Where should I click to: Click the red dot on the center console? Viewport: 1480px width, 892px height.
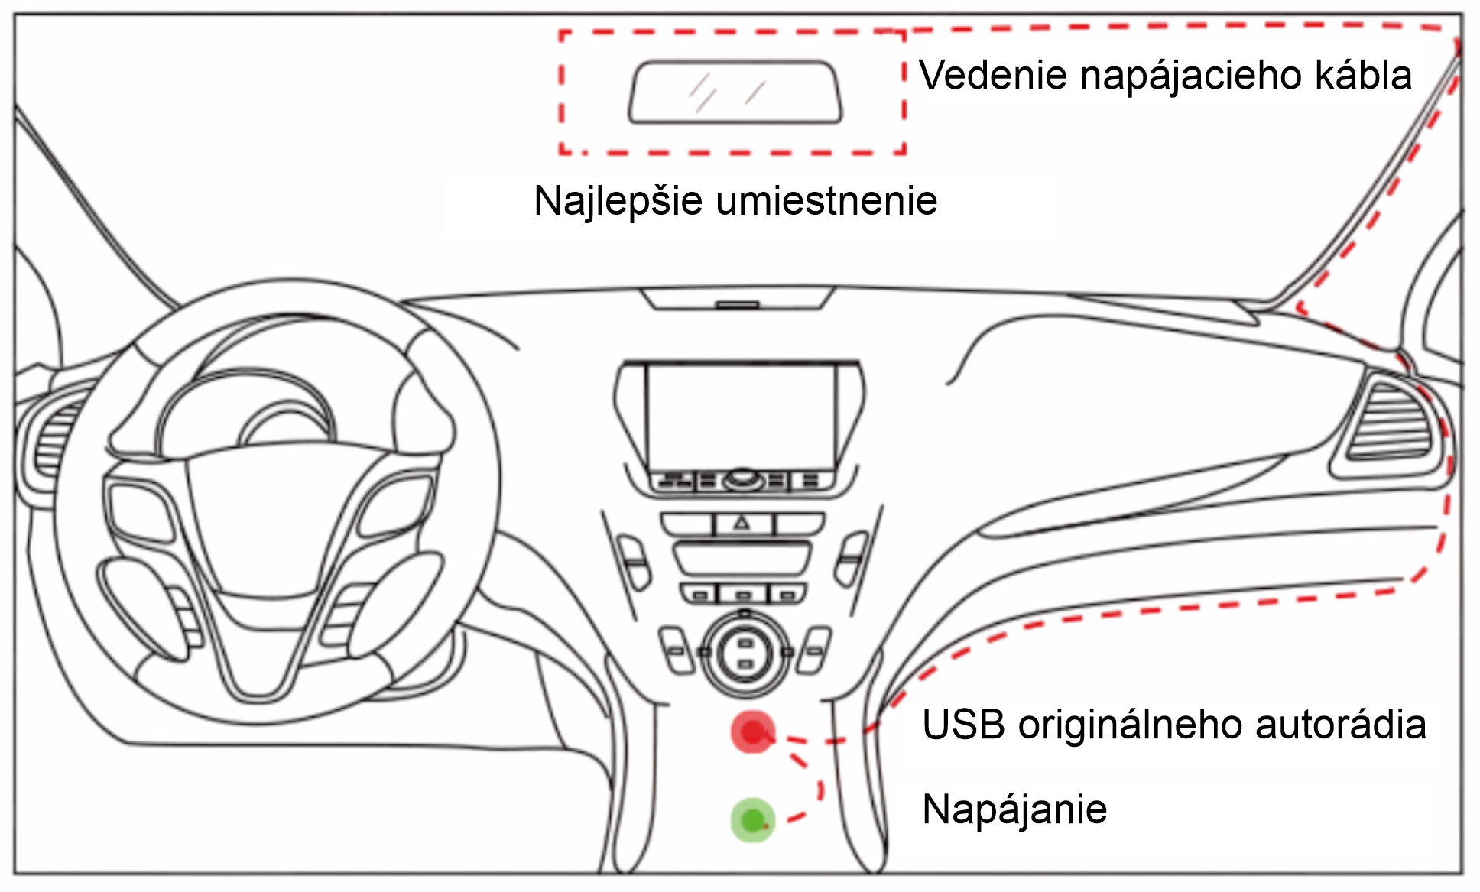coord(753,732)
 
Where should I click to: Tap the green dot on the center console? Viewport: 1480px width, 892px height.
coord(753,820)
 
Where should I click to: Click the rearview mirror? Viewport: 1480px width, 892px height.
coord(735,92)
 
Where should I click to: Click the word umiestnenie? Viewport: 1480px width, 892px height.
coord(826,202)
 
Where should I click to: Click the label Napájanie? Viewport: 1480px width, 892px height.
coord(1014,809)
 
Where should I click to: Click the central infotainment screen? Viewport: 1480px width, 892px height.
coord(740,417)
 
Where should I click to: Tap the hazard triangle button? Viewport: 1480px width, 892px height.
coord(742,524)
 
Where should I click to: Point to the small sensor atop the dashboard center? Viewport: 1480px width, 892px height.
coord(738,305)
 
